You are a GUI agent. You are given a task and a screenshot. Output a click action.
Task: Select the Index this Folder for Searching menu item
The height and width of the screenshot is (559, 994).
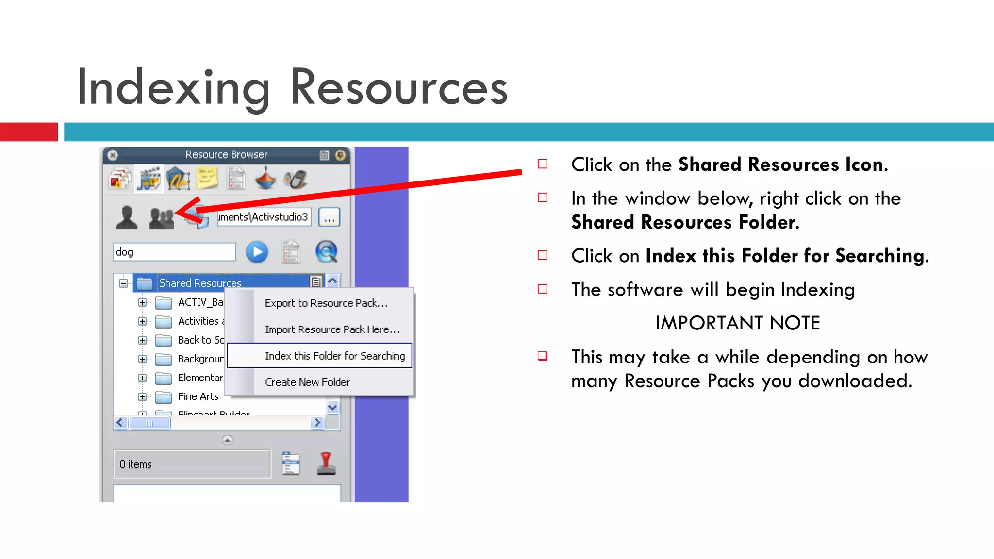tap(334, 356)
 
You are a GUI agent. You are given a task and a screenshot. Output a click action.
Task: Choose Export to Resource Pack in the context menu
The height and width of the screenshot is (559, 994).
tap(326, 303)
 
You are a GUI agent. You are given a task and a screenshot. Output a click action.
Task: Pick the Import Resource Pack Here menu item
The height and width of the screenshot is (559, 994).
tap(332, 329)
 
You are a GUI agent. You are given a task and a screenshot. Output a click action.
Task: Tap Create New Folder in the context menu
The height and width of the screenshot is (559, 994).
tap(307, 382)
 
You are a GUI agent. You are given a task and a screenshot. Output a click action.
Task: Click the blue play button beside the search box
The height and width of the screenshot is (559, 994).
tap(257, 252)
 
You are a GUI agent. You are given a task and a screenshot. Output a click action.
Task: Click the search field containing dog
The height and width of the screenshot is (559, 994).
tap(174, 252)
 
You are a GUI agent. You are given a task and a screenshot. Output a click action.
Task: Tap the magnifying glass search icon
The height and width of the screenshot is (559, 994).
tap(326, 252)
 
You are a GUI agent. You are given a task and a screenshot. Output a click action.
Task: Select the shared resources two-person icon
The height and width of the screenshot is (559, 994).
tap(162, 218)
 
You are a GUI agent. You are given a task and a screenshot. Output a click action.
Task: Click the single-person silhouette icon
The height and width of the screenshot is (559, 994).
tap(127, 217)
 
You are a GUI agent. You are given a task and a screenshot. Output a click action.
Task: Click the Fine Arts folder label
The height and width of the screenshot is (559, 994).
tap(198, 396)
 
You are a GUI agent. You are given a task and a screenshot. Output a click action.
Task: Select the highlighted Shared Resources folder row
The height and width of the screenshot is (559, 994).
tap(200, 283)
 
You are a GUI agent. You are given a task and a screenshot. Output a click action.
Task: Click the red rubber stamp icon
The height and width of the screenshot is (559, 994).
tap(326, 463)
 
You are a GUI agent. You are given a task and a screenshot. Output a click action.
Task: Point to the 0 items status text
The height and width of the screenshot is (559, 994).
tap(136, 465)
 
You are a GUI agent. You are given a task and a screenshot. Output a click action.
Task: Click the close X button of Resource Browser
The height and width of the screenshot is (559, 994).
tap(113, 155)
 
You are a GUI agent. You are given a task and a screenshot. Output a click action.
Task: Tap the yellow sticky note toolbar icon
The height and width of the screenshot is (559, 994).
tap(207, 179)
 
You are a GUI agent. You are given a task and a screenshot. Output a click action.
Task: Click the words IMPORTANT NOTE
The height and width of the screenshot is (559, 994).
tap(737, 323)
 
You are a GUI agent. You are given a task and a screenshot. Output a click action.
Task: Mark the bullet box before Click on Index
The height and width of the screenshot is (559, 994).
tap(543, 255)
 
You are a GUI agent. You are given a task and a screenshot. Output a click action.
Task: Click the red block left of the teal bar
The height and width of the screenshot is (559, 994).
tap(29, 132)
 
